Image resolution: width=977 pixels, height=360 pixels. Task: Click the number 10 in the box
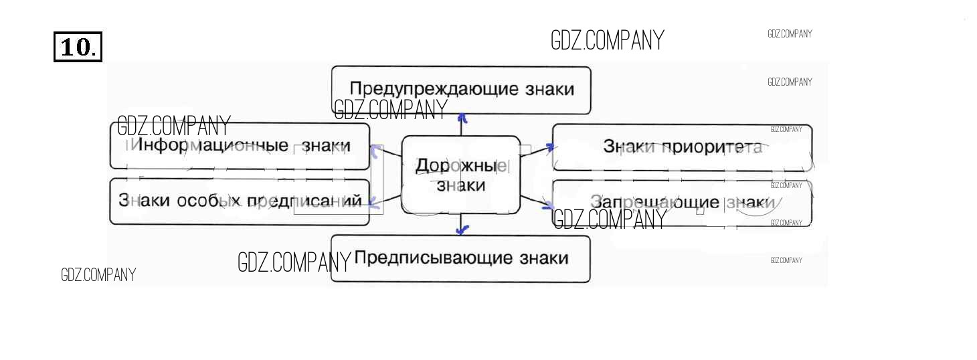pos(78,47)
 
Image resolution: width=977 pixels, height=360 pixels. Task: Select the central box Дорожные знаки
pos(460,175)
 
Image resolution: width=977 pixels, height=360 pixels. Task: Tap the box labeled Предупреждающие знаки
pos(461,90)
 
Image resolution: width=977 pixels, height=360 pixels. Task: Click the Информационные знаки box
pos(240,146)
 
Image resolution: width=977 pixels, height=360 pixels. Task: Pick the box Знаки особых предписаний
pos(240,201)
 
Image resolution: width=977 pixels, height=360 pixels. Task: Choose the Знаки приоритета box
pos(682,147)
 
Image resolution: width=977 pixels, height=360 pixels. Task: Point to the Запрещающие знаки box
pos(682,203)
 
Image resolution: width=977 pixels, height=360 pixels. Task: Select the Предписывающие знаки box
pos(460,258)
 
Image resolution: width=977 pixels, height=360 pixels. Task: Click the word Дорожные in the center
pos(460,166)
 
